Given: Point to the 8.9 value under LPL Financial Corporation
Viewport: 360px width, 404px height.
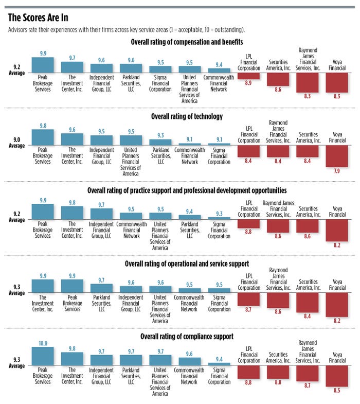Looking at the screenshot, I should (248, 83).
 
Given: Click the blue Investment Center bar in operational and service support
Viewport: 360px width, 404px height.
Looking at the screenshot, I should (43, 285).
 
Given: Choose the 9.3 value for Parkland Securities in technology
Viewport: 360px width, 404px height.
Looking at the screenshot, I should (160, 135).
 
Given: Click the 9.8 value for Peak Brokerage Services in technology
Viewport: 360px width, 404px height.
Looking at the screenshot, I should (43, 125).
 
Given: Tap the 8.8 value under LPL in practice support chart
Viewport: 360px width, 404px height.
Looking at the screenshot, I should (248, 232).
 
